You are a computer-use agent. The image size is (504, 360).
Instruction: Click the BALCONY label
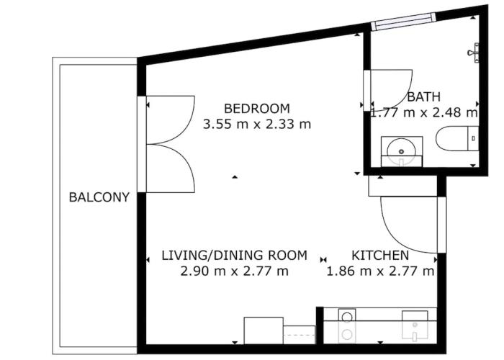tap(99, 197)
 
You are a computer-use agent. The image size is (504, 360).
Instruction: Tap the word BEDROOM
tap(257, 109)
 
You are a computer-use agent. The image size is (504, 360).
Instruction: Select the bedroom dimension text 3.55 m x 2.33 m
tap(257, 124)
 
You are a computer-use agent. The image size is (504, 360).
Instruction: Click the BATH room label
tap(423, 96)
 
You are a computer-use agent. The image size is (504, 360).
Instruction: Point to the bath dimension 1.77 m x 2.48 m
tap(424, 112)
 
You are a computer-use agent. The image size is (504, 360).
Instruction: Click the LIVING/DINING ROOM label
tap(234, 256)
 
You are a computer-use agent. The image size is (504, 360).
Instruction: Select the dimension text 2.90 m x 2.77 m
tap(234, 271)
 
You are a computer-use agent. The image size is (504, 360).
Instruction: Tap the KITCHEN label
tap(380, 256)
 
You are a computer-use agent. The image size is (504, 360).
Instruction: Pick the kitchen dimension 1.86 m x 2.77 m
tap(380, 271)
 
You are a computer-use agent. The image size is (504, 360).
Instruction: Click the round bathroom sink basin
tap(401, 151)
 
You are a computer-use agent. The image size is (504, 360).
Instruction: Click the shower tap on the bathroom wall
tap(474, 53)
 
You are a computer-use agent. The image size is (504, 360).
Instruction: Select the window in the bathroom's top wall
tap(403, 22)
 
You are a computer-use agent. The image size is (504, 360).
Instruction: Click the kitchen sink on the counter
tap(415, 325)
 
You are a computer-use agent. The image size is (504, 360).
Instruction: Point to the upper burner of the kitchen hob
tap(347, 318)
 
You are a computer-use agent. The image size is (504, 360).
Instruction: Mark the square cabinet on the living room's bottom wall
tap(264, 330)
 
